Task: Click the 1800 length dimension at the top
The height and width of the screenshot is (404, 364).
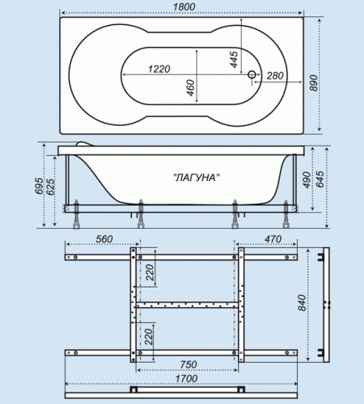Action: pos(184,6)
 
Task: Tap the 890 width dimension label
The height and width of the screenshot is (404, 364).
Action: pos(314,83)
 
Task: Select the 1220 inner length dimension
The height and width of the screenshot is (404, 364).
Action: pos(159,69)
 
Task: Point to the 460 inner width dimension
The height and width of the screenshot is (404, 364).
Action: pos(190,88)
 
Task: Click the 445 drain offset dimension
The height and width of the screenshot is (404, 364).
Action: pos(234,60)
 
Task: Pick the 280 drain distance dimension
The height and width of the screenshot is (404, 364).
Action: pos(275,76)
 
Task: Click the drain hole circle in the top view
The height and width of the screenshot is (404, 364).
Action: pos(252,74)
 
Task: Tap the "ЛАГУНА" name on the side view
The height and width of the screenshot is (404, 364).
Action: pos(196,177)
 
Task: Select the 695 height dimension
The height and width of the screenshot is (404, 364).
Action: pos(39,186)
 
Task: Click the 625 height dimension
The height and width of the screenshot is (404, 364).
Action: pos(51,187)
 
